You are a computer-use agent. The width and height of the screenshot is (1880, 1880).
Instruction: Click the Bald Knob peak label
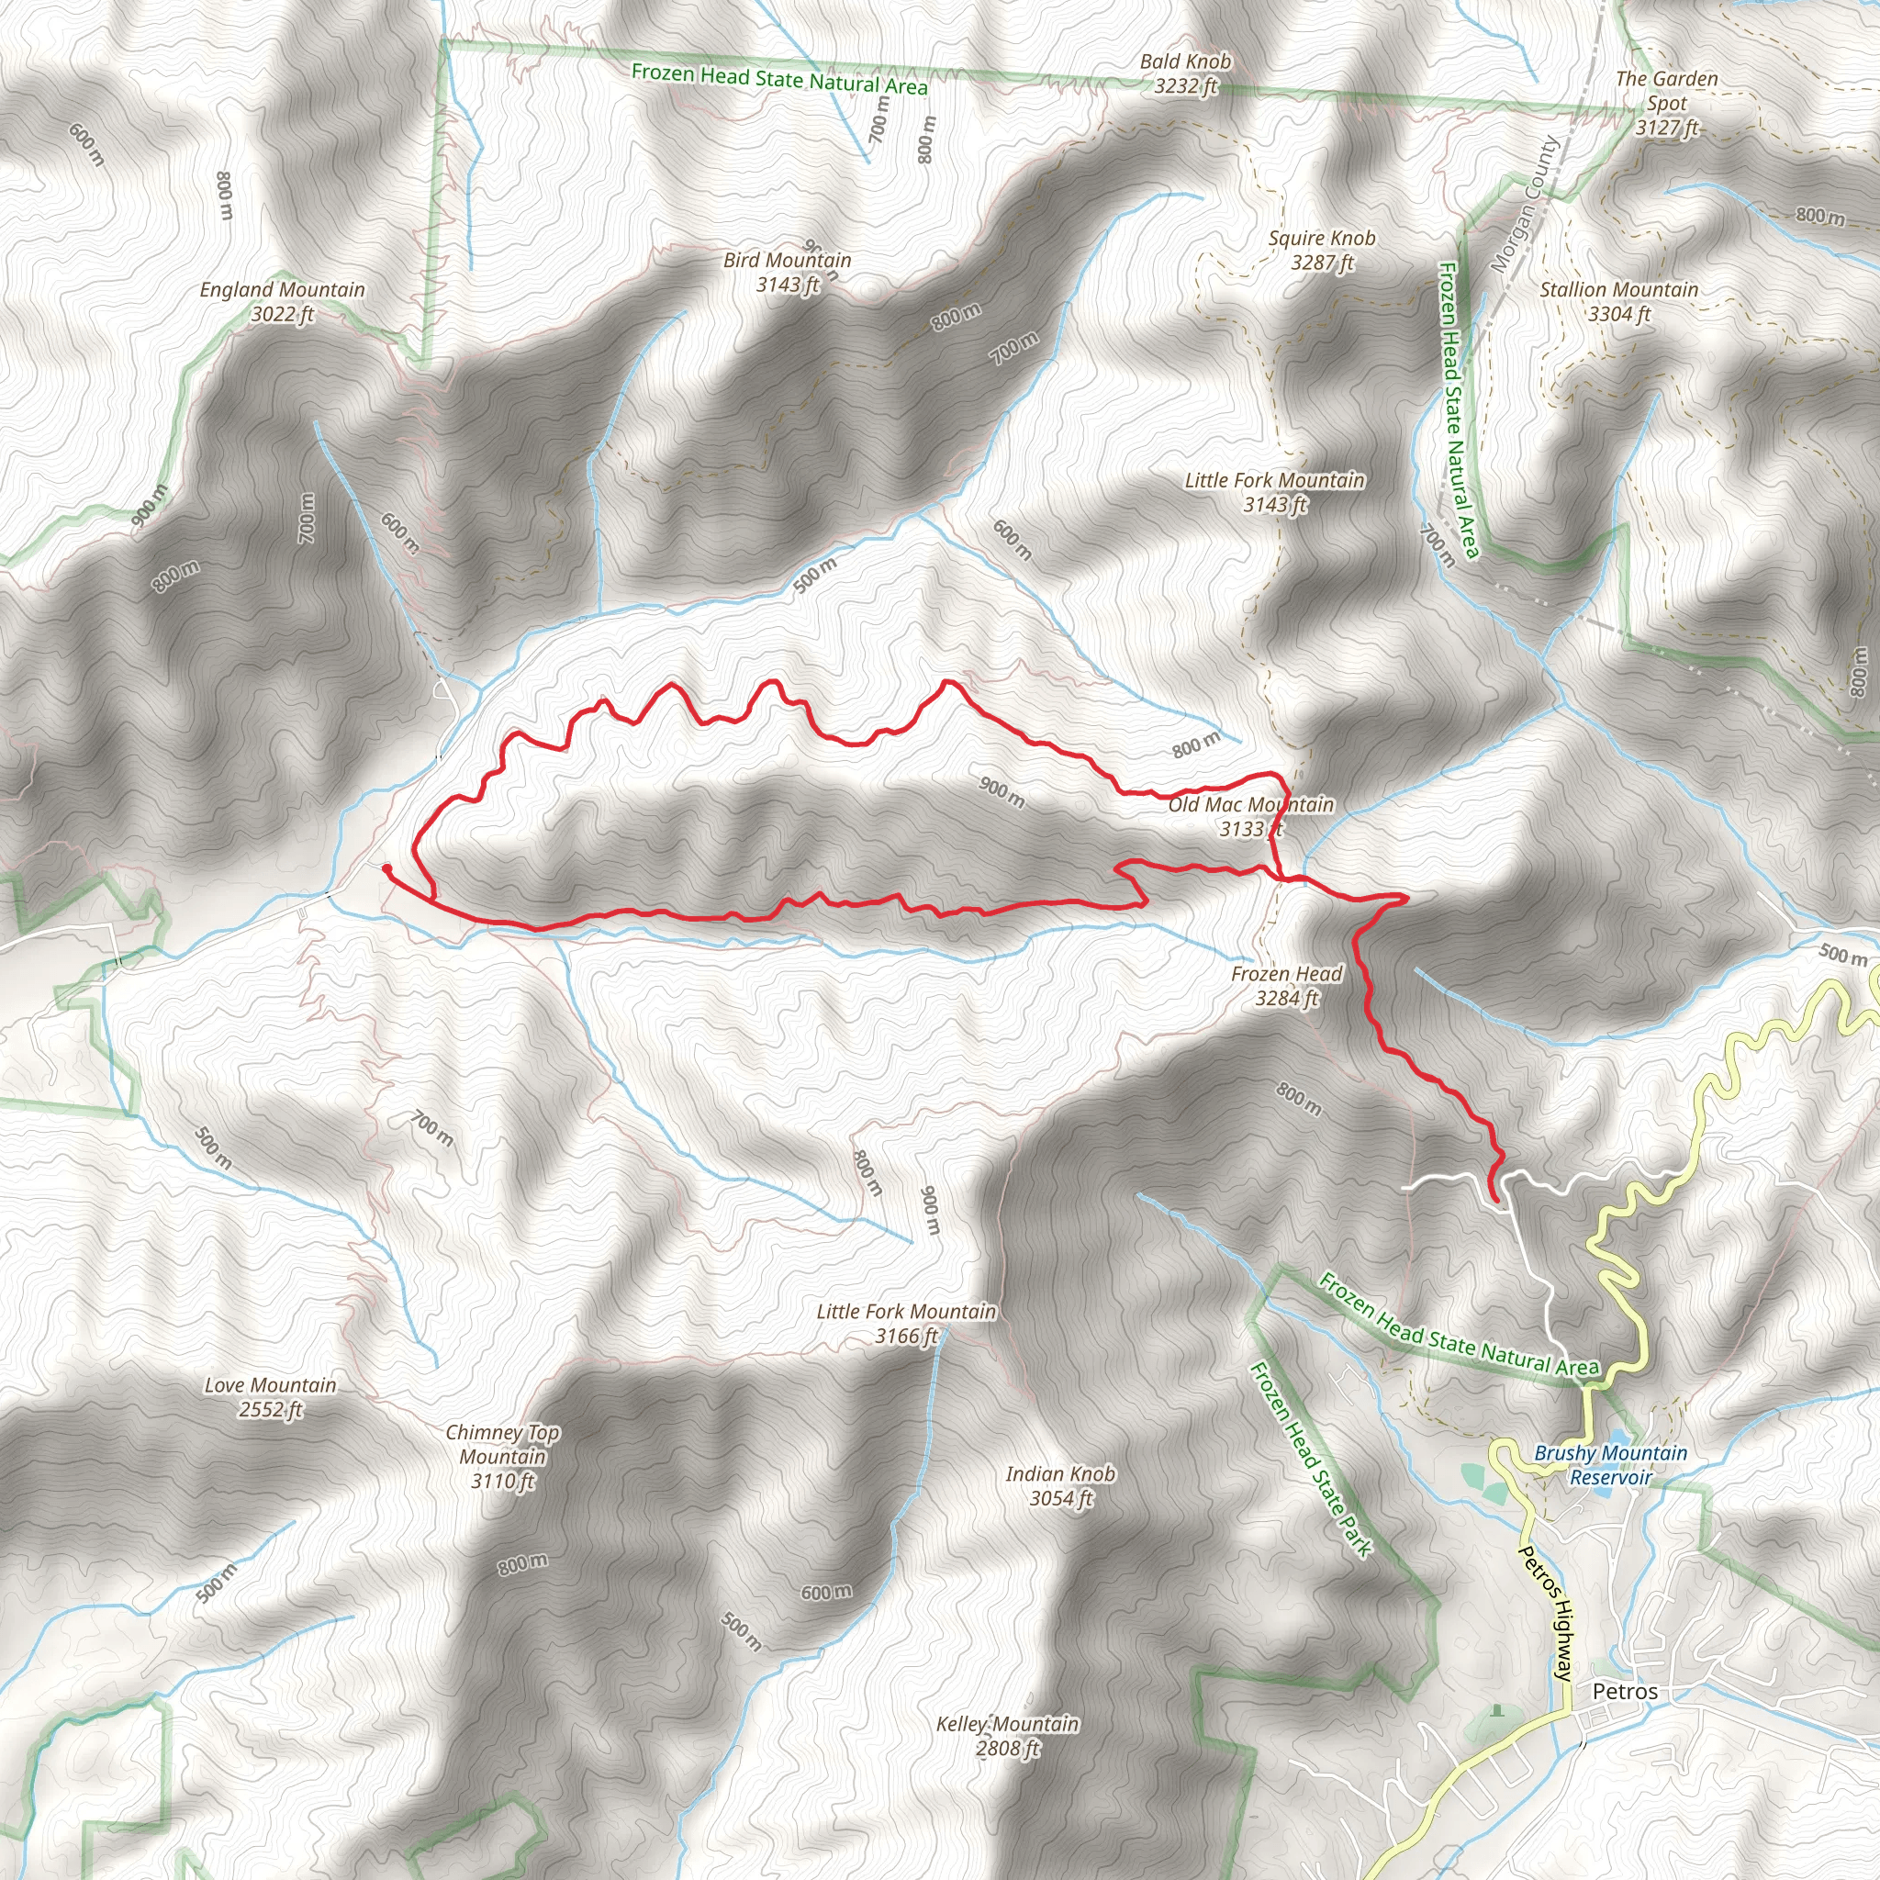tap(1185, 74)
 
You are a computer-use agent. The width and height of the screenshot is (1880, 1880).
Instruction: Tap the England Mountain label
tap(282, 302)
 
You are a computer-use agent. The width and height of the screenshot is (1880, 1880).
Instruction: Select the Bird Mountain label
tap(788, 273)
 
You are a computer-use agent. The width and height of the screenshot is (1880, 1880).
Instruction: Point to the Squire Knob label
tap(1322, 250)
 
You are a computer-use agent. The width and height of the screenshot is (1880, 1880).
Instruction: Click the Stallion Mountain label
tap(1618, 302)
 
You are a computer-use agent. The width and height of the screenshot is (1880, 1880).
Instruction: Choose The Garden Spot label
tap(1666, 103)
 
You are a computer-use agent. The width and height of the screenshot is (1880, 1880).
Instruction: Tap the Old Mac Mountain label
tap(1250, 816)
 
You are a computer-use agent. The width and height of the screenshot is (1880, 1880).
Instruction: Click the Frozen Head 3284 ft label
tap(1286, 986)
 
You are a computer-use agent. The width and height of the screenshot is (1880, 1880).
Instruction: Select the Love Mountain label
tap(271, 1397)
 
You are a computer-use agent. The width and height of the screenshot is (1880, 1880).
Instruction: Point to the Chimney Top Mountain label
tap(502, 1457)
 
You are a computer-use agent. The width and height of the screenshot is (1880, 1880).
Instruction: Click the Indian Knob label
tap(1060, 1486)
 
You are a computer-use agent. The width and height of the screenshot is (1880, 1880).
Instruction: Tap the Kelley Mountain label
tap(1007, 1736)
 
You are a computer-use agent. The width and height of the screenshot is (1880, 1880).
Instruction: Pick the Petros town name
tap(1625, 1691)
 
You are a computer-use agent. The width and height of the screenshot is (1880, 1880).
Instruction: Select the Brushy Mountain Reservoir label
tap(1610, 1464)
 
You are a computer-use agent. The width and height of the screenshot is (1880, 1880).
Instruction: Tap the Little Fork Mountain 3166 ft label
tap(906, 1324)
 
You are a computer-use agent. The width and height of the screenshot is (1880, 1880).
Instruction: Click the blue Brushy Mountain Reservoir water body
tap(1617, 1438)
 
